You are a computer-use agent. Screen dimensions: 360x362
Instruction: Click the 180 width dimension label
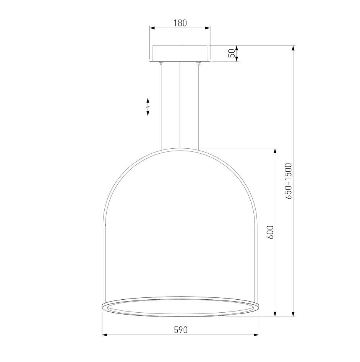click(x=180, y=23)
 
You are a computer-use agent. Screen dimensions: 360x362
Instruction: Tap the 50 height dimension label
click(x=232, y=54)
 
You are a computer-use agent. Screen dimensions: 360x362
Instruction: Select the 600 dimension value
click(x=270, y=232)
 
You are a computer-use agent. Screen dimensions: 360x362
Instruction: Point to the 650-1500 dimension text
click(x=288, y=181)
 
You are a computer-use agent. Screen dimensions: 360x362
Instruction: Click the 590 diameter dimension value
click(x=180, y=330)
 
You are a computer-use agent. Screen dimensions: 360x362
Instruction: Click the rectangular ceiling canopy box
click(x=180, y=54)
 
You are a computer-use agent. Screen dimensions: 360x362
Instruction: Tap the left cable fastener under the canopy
click(x=161, y=63)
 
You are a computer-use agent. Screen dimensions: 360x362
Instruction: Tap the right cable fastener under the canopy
click(x=198, y=63)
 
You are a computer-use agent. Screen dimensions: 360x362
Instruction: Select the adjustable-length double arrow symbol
click(x=148, y=107)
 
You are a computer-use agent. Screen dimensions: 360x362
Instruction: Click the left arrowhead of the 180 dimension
click(x=152, y=28)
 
